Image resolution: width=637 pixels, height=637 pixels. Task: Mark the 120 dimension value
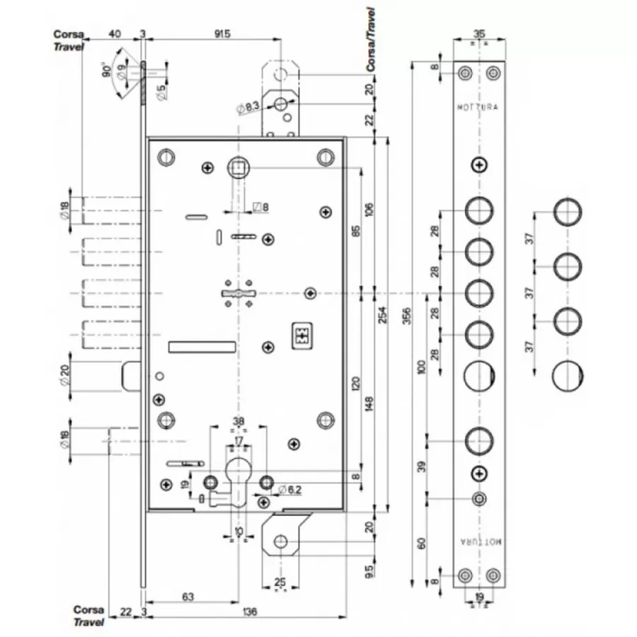[356, 384]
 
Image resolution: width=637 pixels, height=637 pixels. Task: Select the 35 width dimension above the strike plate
[478, 33]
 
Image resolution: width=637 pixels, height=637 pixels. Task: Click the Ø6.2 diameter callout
[290, 489]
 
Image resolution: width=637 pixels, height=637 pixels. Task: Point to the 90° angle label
[106, 70]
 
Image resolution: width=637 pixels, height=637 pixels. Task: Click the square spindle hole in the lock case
[236, 168]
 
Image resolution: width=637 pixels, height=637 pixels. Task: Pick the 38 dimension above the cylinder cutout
[239, 423]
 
